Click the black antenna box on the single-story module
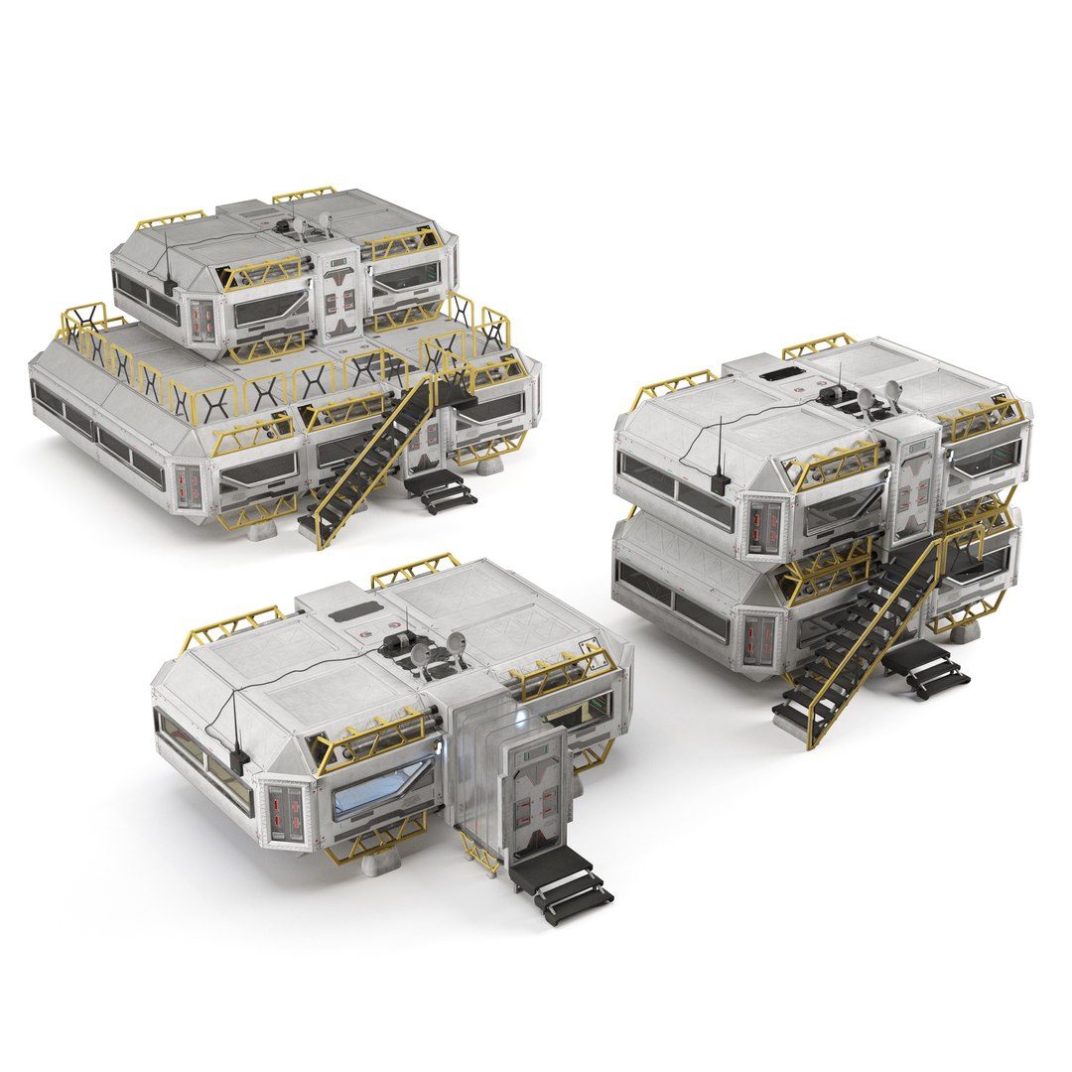click(x=238, y=759)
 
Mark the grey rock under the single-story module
click(x=380, y=864)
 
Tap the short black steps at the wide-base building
click(x=442, y=489)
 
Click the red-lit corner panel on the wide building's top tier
click(x=203, y=318)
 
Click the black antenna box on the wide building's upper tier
click(x=170, y=287)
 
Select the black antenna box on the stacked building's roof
click(x=723, y=483)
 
